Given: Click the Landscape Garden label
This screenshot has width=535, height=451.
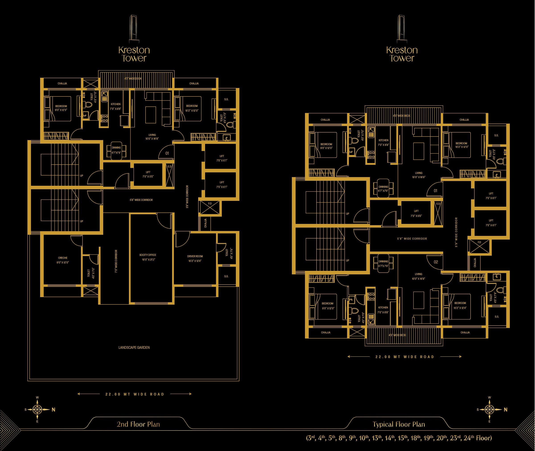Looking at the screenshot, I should click(134, 347).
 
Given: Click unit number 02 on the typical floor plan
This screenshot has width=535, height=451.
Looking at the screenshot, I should click(436, 262).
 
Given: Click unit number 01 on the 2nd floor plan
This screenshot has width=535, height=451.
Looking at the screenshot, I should click(167, 153).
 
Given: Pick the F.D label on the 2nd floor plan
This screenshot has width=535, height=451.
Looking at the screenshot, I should click(210, 204).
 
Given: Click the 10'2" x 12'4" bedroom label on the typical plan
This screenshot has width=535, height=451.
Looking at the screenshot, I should click(460, 306).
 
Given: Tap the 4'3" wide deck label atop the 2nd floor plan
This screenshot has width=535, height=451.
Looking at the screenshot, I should click(133, 78).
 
